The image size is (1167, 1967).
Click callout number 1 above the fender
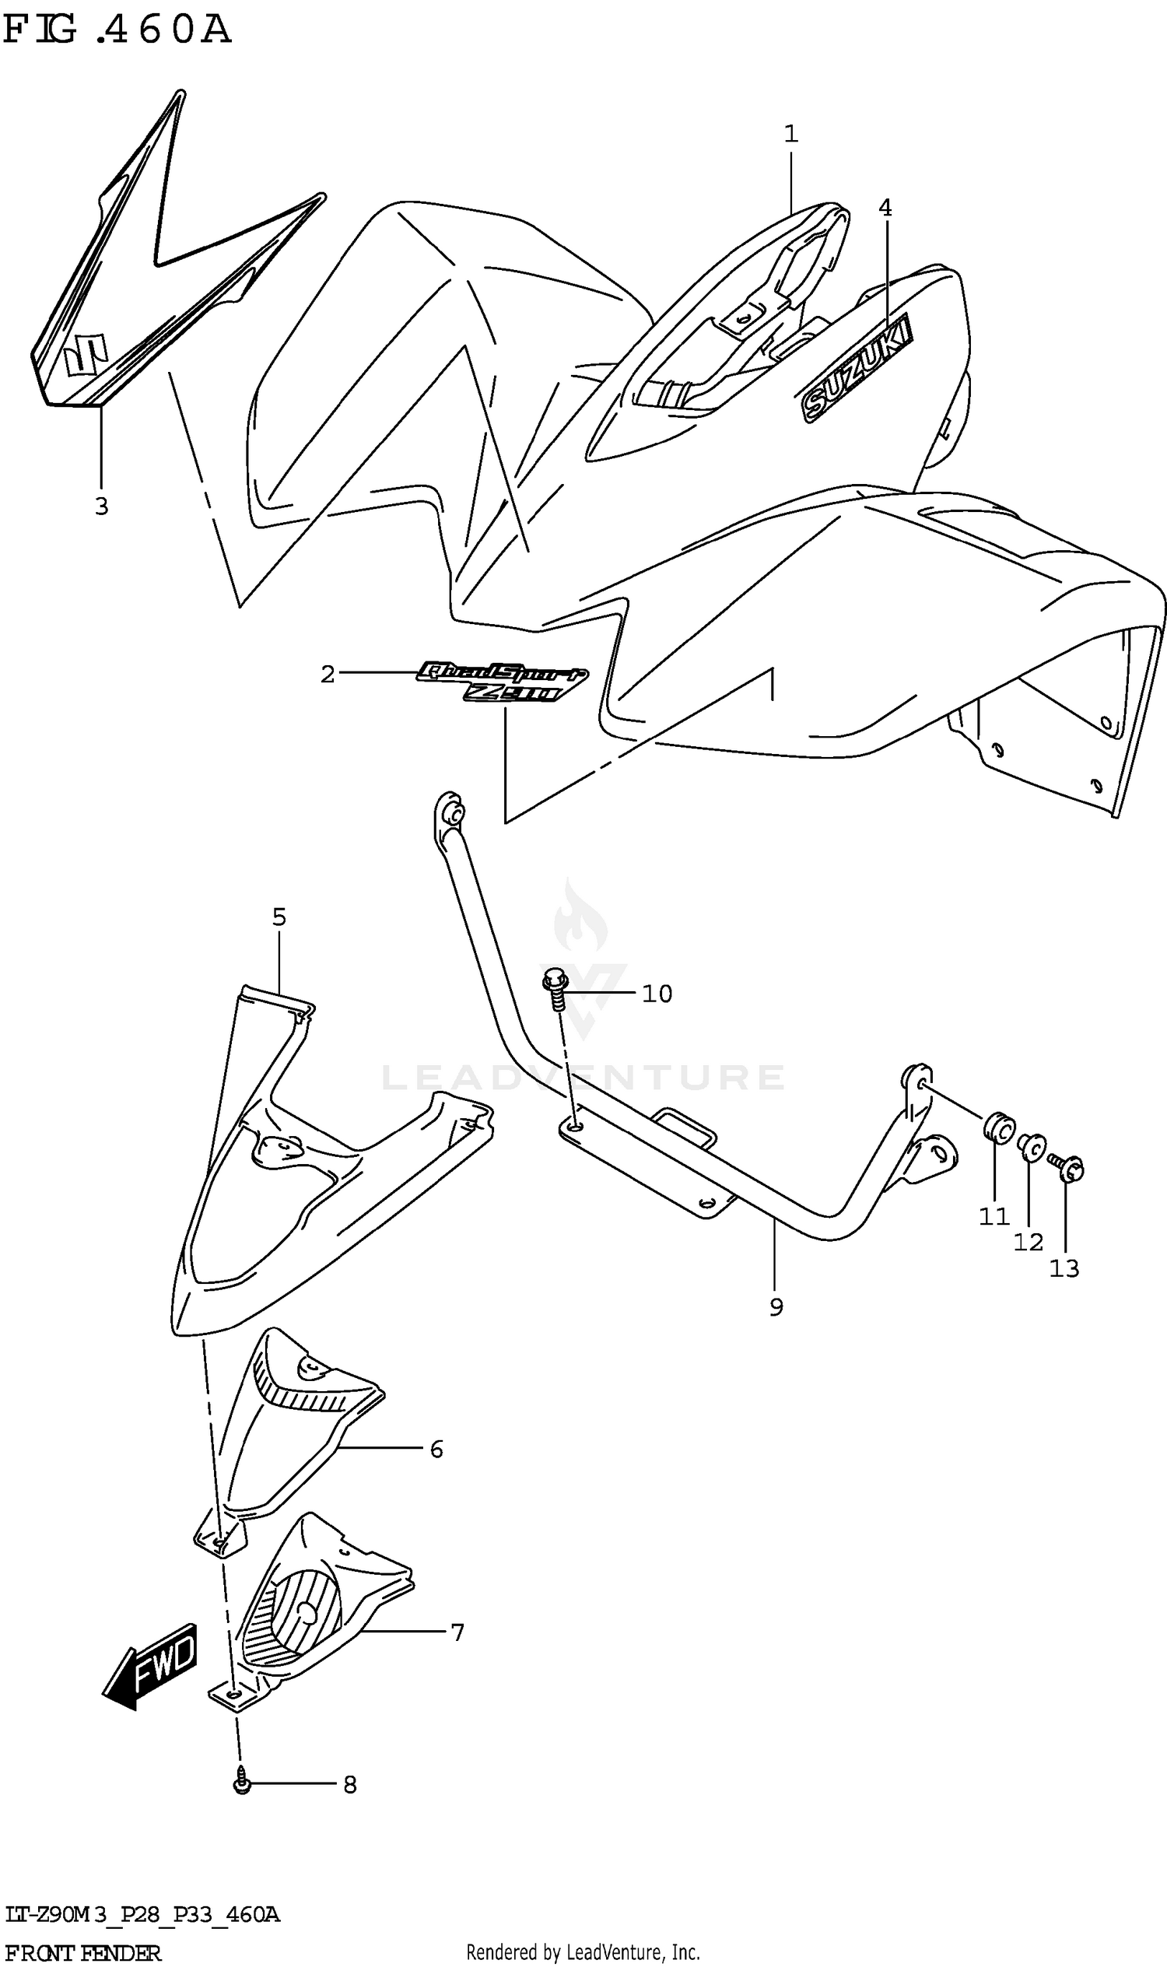791,134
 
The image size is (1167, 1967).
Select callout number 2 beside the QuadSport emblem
328,674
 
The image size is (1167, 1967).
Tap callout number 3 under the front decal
101,507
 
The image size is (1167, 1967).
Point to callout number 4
885,208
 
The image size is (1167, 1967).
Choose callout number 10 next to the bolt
657,994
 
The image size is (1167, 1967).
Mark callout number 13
1065,1268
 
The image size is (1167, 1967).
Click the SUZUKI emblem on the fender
857,369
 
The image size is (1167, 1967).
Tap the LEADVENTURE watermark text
583,1078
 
